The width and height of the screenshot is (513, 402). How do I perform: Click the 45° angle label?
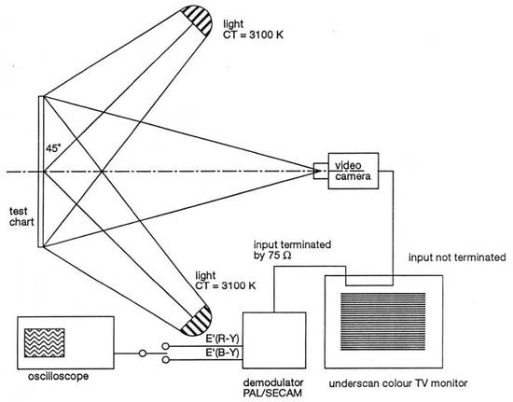point(53,148)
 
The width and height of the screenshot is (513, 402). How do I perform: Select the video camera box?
point(354,171)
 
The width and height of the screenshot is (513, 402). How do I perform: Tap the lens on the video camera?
point(321,171)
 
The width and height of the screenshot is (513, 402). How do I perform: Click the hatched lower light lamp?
point(197,321)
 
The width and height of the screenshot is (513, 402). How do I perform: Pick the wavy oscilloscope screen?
point(45,343)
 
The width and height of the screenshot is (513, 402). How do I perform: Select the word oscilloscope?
point(58,376)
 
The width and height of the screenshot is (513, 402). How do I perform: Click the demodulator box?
point(274,340)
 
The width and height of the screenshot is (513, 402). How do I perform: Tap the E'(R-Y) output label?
point(222,340)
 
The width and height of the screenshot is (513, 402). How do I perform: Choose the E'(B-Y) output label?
point(222,353)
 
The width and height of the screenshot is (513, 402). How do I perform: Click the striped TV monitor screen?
point(383,322)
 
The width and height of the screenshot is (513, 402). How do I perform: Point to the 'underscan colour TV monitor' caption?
point(398,383)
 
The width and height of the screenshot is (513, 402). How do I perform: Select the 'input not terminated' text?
point(457,257)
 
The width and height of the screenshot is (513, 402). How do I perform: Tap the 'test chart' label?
point(21,216)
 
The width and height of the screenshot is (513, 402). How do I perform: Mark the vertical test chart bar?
point(41,172)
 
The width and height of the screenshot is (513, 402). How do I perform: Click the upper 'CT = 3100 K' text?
point(253,35)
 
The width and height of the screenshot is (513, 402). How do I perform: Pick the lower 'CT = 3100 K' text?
point(226,285)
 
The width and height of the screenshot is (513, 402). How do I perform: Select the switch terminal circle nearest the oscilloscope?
point(143,353)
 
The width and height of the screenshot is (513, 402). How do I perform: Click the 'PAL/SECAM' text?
point(272,393)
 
